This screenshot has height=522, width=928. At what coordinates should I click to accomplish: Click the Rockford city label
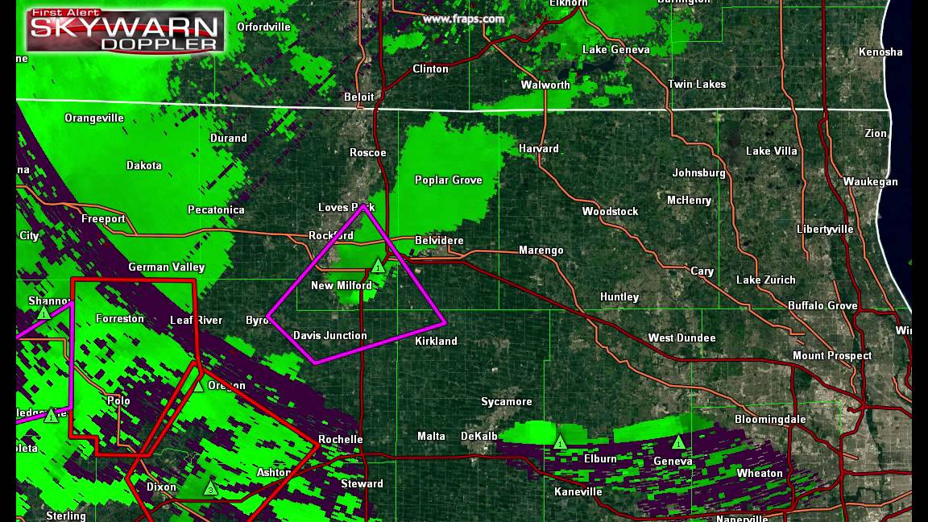tap(331, 236)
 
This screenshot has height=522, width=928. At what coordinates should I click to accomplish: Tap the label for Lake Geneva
tap(615, 49)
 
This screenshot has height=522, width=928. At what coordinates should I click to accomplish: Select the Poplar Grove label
tap(448, 180)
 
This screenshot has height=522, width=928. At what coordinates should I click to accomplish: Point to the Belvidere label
tap(439, 241)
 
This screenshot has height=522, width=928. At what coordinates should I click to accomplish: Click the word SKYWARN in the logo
tap(124, 27)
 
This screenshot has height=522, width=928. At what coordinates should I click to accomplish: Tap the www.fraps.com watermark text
tap(463, 19)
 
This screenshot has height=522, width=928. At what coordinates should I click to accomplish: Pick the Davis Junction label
tap(329, 335)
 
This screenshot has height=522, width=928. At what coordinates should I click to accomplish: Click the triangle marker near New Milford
tap(378, 267)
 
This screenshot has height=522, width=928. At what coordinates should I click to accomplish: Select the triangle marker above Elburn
tap(560, 442)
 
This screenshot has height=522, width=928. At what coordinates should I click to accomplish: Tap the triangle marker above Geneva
tap(678, 442)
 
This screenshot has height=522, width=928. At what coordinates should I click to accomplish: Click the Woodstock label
tap(610, 211)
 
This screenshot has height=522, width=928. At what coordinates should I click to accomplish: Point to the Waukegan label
tap(870, 181)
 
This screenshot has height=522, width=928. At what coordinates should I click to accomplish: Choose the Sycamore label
tap(506, 401)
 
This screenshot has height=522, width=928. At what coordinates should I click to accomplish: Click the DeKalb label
tap(478, 436)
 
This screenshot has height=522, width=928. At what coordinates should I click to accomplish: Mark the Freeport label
tap(103, 218)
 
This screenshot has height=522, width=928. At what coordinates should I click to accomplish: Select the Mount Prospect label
tap(832, 355)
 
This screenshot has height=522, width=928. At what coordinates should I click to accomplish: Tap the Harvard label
tap(538, 148)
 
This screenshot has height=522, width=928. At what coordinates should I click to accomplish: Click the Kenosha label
tap(880, 52)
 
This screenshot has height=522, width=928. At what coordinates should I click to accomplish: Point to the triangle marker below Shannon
tap(43, 313)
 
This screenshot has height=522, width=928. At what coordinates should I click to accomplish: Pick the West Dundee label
tap(681, 338)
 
